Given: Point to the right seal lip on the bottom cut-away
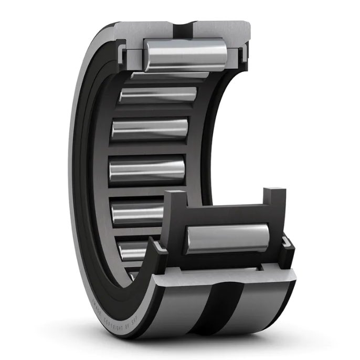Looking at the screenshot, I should [286, 244].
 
